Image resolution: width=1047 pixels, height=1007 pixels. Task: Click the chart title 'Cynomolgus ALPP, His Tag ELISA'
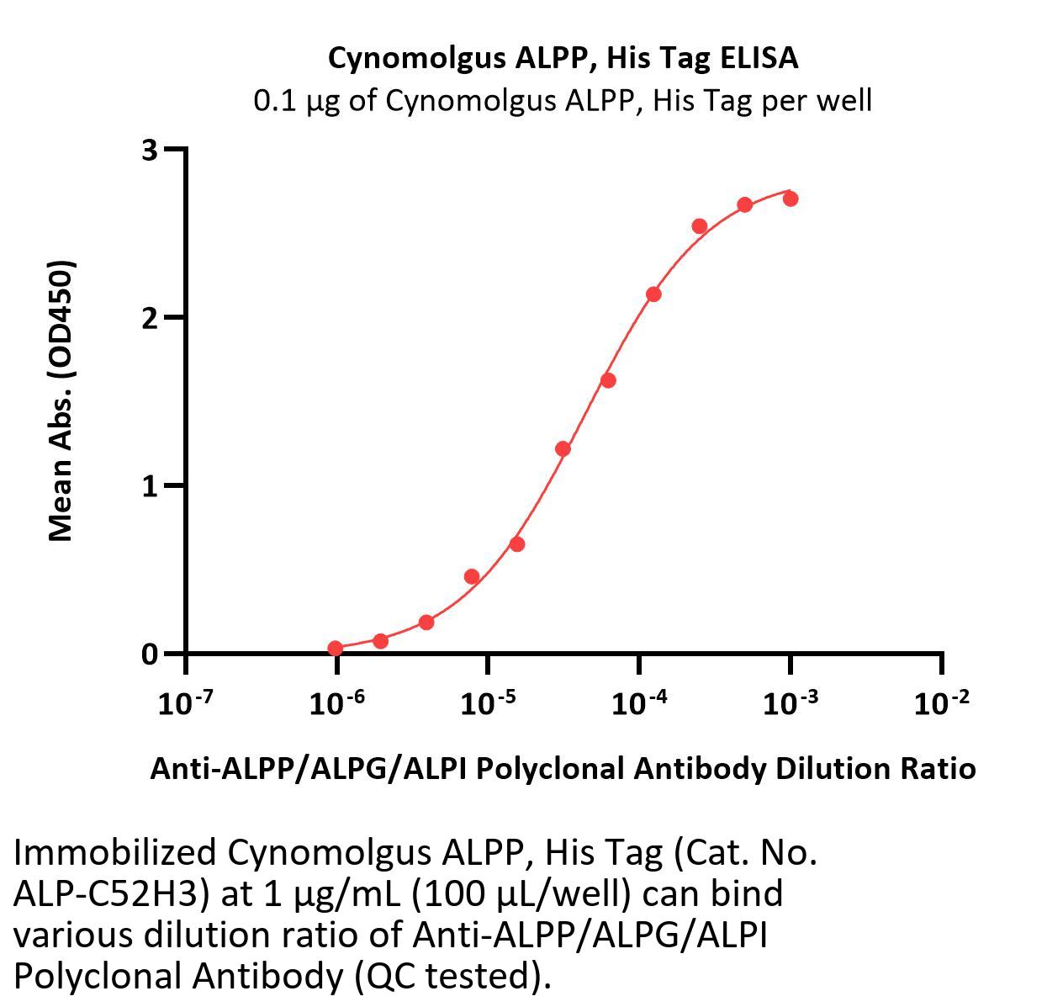(563, 58)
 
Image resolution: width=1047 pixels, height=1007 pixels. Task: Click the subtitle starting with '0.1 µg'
(563, 101)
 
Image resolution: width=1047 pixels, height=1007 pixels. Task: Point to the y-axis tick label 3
(150, 150)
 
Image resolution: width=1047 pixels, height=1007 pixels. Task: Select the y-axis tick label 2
(150, 317)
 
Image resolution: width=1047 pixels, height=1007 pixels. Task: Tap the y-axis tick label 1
(150, 485)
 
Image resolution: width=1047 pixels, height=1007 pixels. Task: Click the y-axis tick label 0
(150, 654)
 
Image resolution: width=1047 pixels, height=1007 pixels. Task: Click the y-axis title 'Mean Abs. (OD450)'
(61, 400)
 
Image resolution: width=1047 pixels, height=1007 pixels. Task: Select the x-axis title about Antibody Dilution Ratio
(563, 768)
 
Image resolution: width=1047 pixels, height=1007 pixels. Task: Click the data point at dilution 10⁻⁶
(336, 648)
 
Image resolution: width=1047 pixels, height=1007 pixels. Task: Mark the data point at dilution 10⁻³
(790, 199)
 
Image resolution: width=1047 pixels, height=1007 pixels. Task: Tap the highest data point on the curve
(790, 199)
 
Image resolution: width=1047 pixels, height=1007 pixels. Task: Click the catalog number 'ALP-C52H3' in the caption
(110, 893)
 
